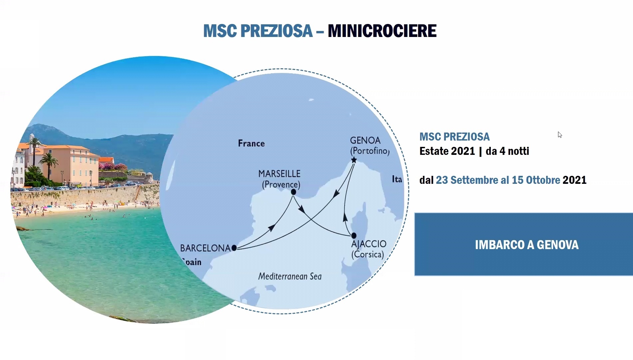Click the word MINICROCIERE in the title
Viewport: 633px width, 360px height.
click(382, 31)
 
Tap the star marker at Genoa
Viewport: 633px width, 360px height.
click(354, 160)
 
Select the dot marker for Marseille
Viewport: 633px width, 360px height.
click(293, 192)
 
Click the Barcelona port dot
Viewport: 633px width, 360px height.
click(234, 248)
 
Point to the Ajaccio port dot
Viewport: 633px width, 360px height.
click(354, 235)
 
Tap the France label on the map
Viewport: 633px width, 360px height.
click(251, 144)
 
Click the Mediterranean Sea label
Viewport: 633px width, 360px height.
click(290, 276)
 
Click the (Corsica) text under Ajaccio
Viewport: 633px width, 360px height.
click(368, 254)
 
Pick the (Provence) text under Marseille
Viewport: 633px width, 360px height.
click(281, 184)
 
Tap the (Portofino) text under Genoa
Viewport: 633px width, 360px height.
click(370, 151)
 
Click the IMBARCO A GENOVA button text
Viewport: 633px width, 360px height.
click(527, 245)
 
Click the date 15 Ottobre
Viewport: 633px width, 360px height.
click(536, 180)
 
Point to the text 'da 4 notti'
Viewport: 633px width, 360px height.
click(507, 151)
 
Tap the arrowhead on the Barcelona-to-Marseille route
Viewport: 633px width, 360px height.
click(271, 228)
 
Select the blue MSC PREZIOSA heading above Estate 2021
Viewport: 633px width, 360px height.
click(455, 137)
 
